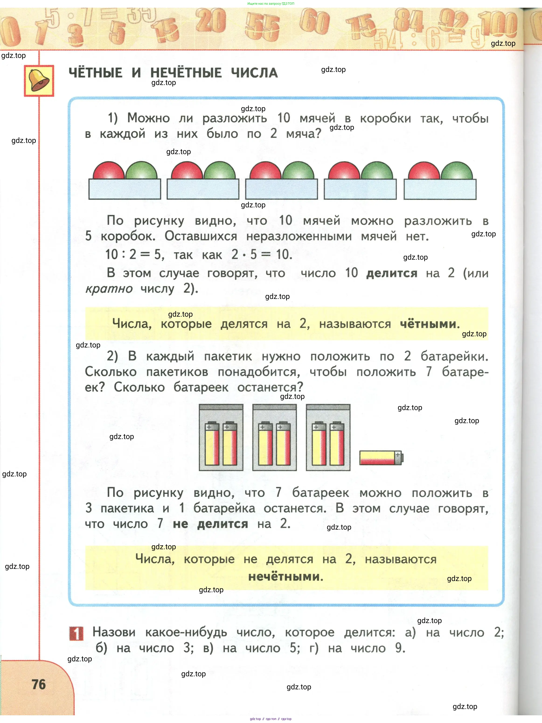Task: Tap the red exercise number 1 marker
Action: [x=76, y=633]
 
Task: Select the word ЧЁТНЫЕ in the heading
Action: [x=95, y=73]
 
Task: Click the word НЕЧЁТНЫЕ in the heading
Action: [x=186, y=73]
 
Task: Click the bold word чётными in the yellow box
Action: [x=429, y=324]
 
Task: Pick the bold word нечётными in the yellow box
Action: [x=285, y=576]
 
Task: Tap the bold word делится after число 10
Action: [x=392, y=273]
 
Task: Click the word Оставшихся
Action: [x=201, y=236]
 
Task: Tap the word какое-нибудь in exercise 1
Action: [x=186, y=632]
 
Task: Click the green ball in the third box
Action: [x=298, y=171]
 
